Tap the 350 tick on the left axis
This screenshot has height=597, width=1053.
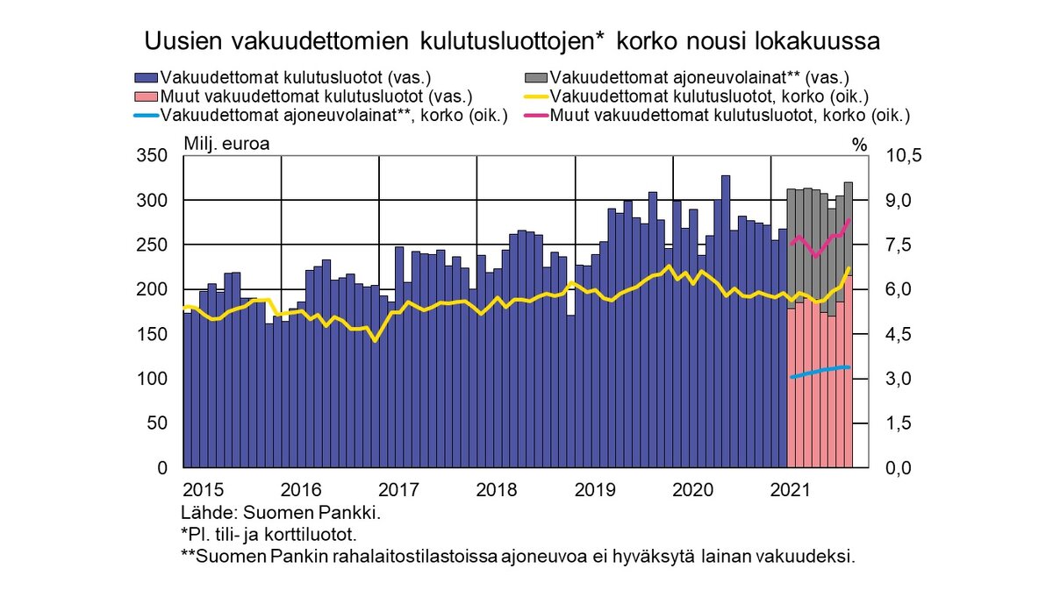coord(154,156)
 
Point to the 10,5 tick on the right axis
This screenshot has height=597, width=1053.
coord(906,156)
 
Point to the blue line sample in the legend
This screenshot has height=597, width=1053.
coord(147,115)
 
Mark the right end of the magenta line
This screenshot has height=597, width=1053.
coord(849,219)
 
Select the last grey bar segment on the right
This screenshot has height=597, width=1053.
coord(849,228)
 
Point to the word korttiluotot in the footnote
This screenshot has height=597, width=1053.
coord(318,534)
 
